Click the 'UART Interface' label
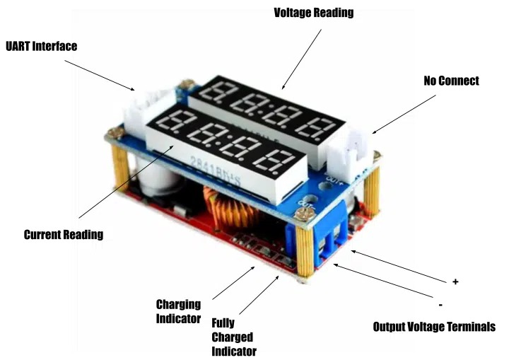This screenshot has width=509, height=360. point(42,46)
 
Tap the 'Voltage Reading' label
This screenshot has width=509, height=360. point(314,13)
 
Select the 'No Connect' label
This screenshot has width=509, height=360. point(451,81)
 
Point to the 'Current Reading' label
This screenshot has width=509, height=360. point(64,235)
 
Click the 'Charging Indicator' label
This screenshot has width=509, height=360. point(179,311)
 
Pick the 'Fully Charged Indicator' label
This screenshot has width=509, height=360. point(234,337)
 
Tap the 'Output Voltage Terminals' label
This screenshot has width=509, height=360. point(434,327)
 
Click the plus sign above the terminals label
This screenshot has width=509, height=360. point(455,281)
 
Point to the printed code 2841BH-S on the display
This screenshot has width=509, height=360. point(215,170)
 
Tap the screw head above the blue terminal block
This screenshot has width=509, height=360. point(304,215)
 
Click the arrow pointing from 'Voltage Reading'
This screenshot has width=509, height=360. point(302,59)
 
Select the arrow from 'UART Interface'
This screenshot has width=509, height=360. point(100,75)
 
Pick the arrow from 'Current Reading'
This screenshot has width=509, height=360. point(126,182)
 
